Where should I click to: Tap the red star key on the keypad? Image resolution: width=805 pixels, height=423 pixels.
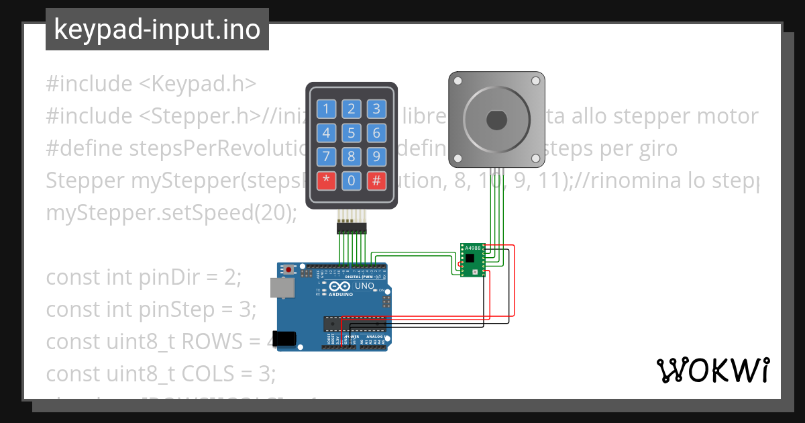(327, 180)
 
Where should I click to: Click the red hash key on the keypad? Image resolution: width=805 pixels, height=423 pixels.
(376, 180)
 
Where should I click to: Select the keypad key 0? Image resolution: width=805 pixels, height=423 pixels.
(352, 180)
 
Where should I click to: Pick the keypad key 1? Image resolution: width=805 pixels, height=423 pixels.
(327, 109)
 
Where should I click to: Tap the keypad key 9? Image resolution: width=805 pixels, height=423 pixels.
(376, 156)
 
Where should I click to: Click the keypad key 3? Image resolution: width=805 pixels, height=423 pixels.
(376, 109)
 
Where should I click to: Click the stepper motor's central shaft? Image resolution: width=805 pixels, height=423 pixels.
(496, 120)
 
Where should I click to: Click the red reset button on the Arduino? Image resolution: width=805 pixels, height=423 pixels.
(289, 269)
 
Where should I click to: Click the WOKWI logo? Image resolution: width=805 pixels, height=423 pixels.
(713, 370)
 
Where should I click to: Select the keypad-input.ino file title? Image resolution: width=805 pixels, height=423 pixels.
(157, 30)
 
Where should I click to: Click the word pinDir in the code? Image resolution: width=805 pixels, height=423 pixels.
(205, 277)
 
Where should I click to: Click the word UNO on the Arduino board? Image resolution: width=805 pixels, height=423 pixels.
(364, 286)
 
